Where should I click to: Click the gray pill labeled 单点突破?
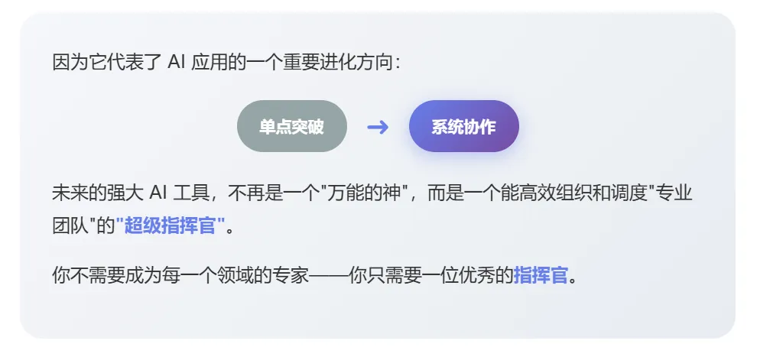[x=291, y=126]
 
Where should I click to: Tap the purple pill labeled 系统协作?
[x=463, y=126]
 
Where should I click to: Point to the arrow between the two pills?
[x=378, y=126]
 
